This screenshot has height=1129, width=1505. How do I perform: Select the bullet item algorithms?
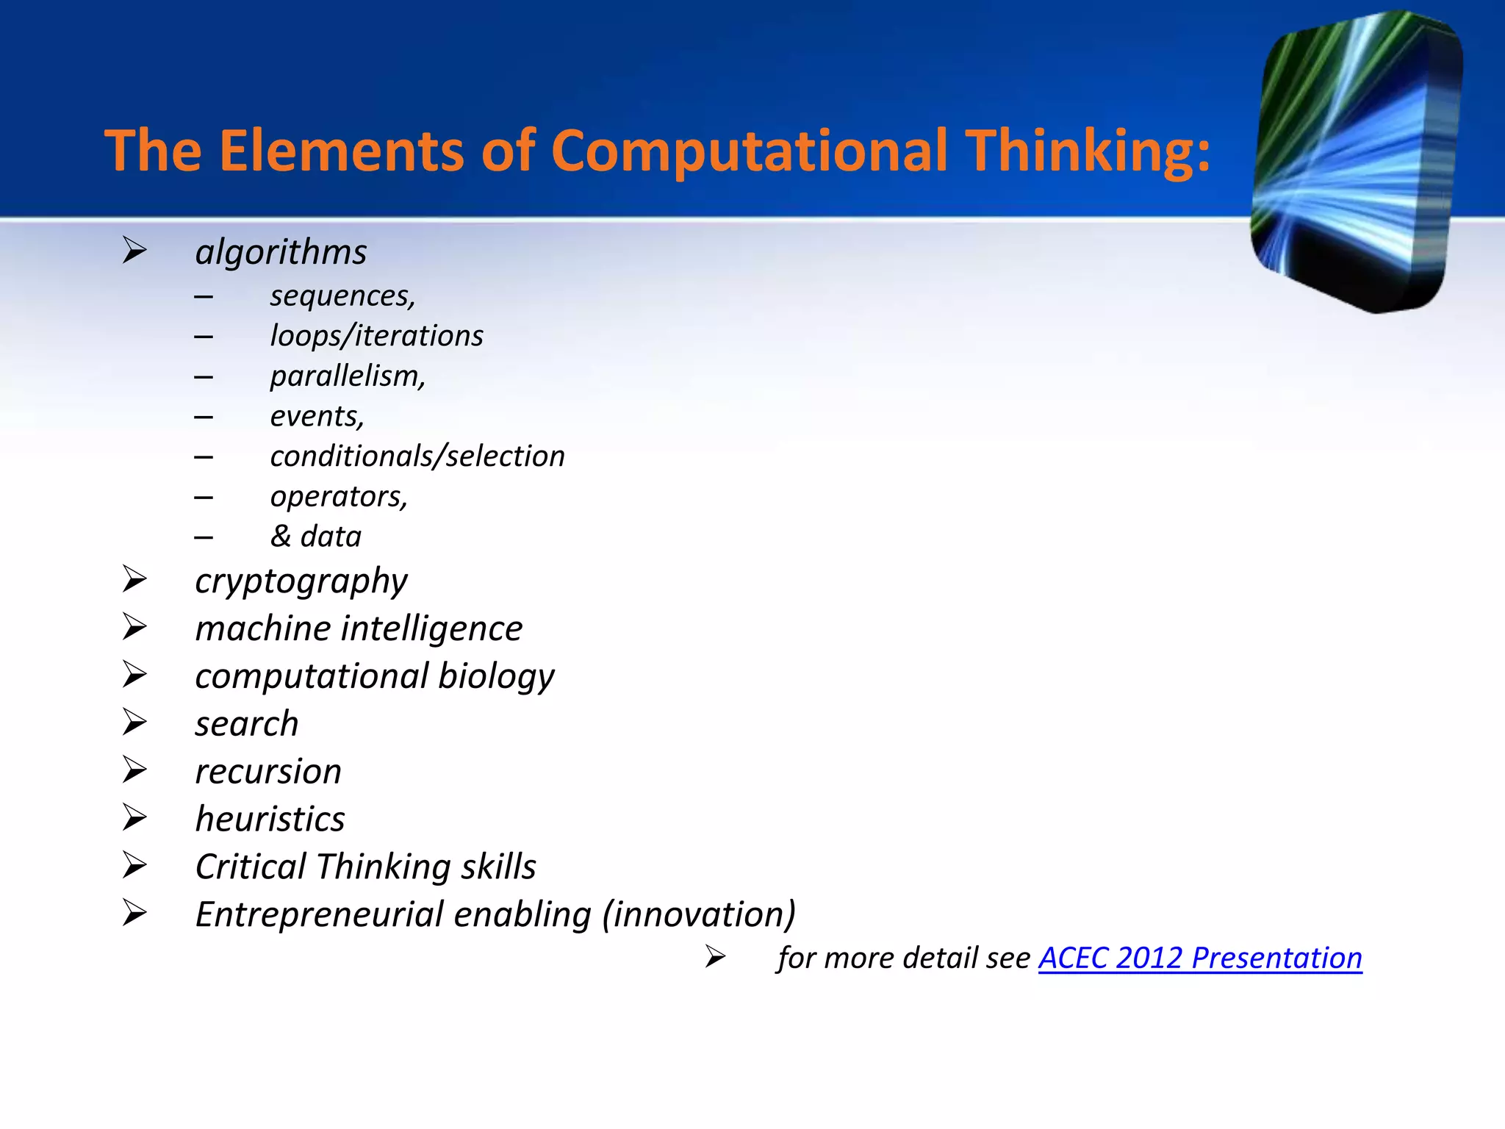[281, 252]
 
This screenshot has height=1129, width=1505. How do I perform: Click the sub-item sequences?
[342, 296]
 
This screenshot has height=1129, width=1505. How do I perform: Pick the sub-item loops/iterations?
[376, 336]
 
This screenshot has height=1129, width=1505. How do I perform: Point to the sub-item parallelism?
[348, 376]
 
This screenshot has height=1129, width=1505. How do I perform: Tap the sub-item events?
[317, 417]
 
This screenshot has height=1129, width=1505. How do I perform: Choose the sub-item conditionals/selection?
[417, 456]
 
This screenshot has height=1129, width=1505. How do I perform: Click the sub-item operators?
[338, 497]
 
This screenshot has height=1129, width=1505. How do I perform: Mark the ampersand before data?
[281, 537]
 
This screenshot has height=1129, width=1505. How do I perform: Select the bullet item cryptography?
[301, 581]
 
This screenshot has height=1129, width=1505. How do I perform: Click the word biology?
[496, 676]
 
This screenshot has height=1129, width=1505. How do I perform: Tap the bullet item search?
[247, 724]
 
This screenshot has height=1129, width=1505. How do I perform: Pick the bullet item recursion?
[268, 772]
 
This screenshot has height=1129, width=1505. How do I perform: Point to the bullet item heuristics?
[270, 820]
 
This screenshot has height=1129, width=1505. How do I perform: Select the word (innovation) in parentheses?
[698, 915]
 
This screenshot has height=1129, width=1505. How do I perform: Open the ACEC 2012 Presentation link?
[1199, 958]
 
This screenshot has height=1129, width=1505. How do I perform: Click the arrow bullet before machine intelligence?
[134, 628]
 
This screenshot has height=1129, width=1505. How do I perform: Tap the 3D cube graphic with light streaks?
[1356, 162]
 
